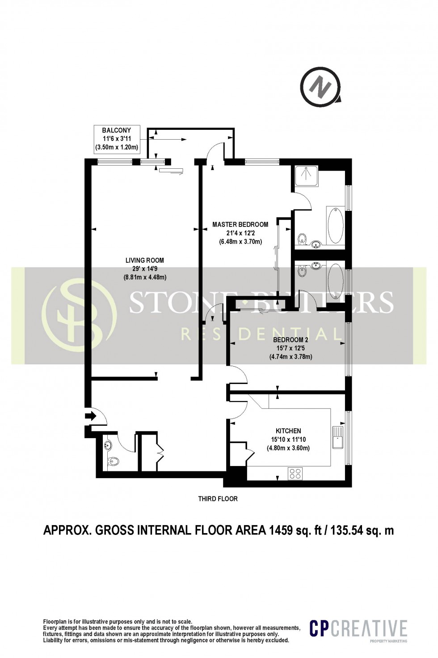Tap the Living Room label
tap(144, 269)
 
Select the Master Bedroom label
tap(240, 233)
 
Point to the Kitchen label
tap(288, 439)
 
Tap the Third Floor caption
tap(218, 499)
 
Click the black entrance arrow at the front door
tap(90, 416)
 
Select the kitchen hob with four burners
tap(295, 473)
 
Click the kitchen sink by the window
tap(337, 437)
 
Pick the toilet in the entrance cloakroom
tap(114, 461)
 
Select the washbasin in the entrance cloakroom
tap(108, 445)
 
